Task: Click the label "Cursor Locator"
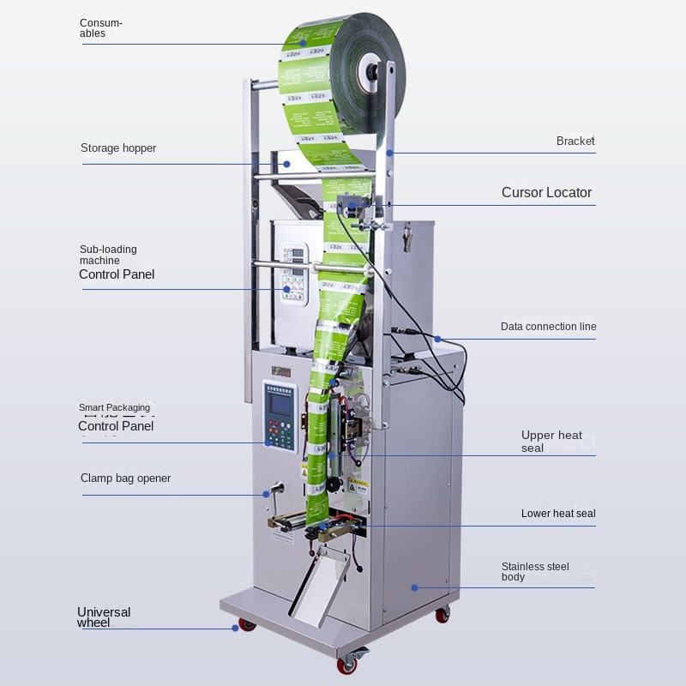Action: click(x=546, y=193)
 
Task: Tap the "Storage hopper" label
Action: click(x=118, y=148)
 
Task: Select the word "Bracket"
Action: click(x=575, y=141)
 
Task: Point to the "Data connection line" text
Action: click(x=548, y=327)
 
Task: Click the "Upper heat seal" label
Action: click(x=551, y=441)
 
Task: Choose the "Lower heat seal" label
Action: click(x=558, y=514)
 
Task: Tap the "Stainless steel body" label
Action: click(x=535, y=571)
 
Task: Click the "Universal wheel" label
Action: click(x=104, y=617)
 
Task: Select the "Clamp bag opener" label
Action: click(x=125, y=478)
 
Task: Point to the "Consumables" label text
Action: click(x=101, y=27)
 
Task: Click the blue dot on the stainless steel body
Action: click(x=413, y=587)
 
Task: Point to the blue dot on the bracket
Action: click(x=388, y=153)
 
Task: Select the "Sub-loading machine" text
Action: click(x=108, y=255)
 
